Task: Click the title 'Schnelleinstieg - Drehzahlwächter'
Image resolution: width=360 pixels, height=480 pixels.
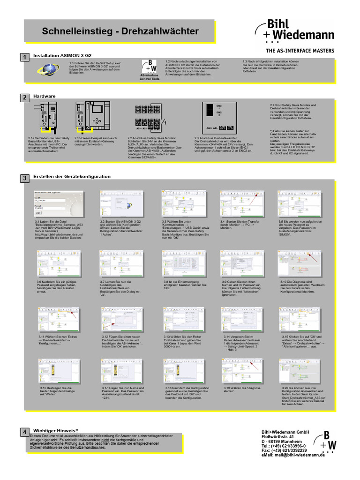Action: (x=120, y=31)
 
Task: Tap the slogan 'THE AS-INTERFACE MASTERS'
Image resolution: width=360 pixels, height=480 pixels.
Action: (x=300, y=51)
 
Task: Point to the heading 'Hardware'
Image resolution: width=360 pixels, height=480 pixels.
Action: (x=45, y=96)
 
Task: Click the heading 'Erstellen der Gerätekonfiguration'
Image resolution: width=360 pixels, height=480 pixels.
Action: (x=72, y=177)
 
